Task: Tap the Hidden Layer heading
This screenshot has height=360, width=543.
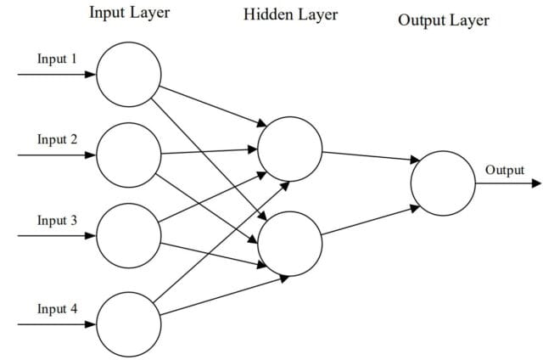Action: (289, 14)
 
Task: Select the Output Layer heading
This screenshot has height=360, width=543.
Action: (443, 20)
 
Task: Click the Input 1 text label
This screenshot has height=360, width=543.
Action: (57, 59)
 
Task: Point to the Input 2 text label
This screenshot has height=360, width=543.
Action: (57, 139)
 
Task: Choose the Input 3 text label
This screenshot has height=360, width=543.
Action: (57, 220)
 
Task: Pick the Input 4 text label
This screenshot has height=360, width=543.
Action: (57, 308)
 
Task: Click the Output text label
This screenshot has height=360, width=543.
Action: (504, 170)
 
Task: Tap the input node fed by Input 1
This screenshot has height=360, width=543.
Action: (128, 74)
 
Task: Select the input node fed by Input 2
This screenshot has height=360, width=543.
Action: (128, 155)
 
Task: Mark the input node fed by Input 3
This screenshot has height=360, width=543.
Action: (128, 235)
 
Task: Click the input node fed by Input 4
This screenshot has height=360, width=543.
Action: (128, 323)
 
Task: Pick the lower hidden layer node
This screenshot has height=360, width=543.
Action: (289, 244)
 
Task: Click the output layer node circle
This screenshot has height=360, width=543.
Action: (443, 183)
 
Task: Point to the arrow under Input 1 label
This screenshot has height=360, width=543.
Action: (56, 74)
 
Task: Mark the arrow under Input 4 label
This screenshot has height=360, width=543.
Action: (56, 323)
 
